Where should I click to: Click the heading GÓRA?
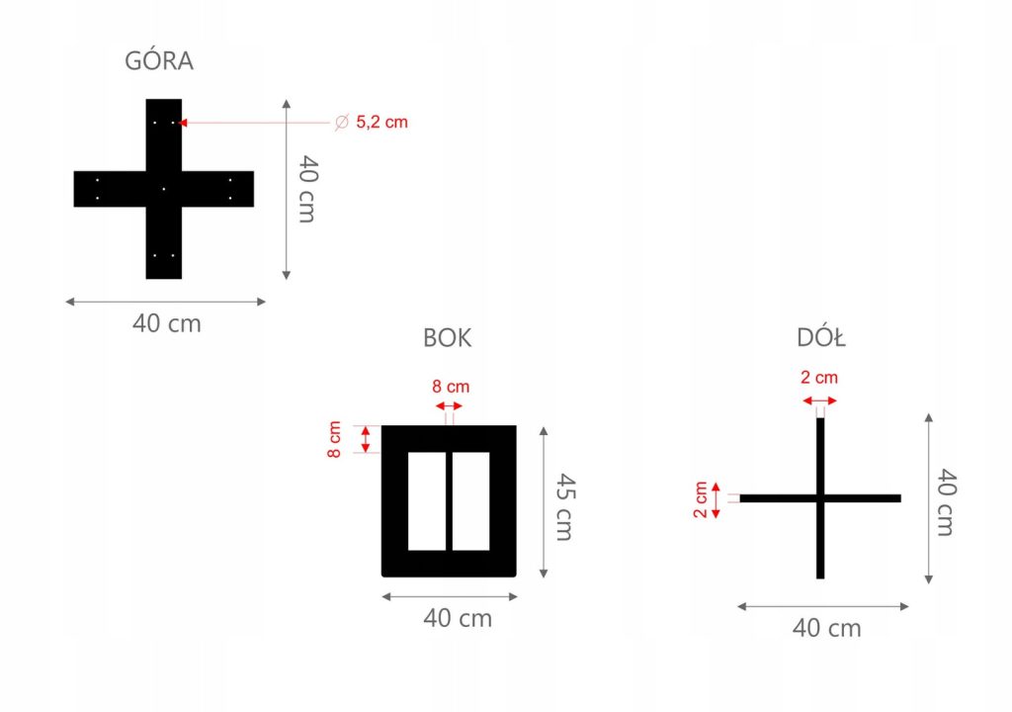click(159, 61)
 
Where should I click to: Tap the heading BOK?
click(447, 337)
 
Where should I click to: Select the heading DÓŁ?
click(821, 338)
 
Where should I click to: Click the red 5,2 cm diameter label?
click(381, 123)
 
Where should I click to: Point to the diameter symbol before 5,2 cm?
click(341, 123)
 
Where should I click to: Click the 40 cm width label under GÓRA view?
click(166, 323)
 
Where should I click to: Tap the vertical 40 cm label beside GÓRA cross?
click(306, 189)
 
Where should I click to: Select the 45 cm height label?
click(562, 502)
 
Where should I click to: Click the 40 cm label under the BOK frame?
click(458, 619)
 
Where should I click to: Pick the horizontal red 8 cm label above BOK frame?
click(451, 387)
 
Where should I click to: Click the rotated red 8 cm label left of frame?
click(335, 438)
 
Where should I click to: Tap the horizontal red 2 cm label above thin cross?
click(819, 377)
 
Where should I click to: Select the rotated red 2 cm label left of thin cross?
click(701, 498)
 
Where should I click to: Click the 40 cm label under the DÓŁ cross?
click(827, 628)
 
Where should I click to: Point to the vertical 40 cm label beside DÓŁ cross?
click(945, 501)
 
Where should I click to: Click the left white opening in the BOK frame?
click(427, 500)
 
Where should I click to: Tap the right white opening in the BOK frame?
click(471, 500)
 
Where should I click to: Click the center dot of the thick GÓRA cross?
click(164, 188)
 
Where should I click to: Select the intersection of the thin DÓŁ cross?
click(820, 498)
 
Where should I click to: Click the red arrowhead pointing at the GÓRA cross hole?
click(184, 123)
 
